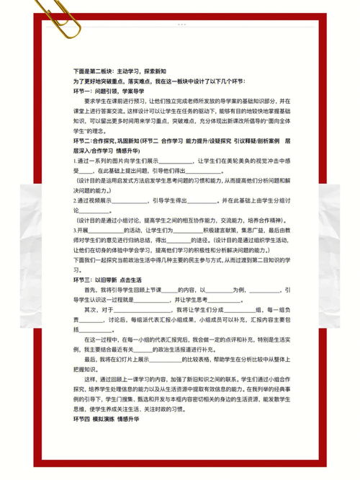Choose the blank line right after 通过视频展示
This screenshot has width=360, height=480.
pos(134,200)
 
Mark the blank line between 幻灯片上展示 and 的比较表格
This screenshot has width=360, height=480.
pos(166,358)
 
